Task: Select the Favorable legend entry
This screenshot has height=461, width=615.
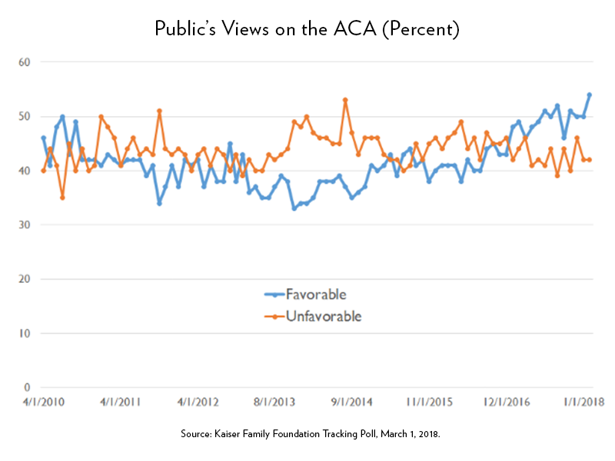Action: (x=316, y=294)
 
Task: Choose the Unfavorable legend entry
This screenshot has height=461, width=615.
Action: (x=322, y=316)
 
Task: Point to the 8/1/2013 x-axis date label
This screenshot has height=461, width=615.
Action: (x=274, y=401)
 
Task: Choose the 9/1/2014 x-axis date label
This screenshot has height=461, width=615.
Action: (x=352, y=401)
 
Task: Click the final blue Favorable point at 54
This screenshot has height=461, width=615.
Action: (x=589, y=95)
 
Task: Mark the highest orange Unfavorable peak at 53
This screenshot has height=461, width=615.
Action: (x=345, y=100)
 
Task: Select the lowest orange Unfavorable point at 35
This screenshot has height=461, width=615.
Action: (x=62, y=197)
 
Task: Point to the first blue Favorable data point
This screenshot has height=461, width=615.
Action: (x=43, y=138)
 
